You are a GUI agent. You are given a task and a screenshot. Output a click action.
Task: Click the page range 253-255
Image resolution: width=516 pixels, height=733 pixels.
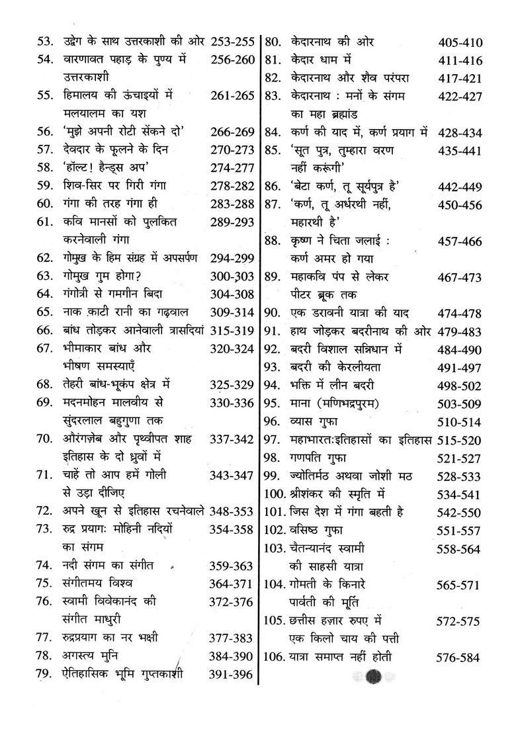(x=232, y=42)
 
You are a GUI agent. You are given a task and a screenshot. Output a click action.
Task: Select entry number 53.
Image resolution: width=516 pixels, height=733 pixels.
(x=44, y=42)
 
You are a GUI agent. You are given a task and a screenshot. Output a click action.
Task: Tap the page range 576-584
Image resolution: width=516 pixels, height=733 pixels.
(x=459, y=658)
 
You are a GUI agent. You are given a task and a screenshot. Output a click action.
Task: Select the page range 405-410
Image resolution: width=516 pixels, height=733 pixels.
(x=460, y=43)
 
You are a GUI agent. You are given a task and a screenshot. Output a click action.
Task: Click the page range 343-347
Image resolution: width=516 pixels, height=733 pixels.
(x=232, y=475)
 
